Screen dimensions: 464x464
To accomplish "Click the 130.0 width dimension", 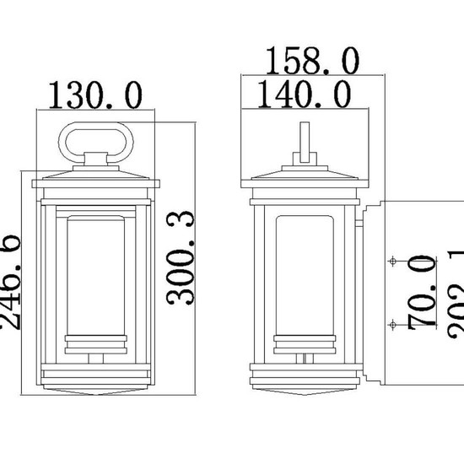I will point(95,95).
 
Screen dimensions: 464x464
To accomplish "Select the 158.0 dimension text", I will point(311,61).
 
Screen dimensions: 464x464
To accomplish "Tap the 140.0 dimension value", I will point(295,95).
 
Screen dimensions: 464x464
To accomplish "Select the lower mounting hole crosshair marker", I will point(391,323).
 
